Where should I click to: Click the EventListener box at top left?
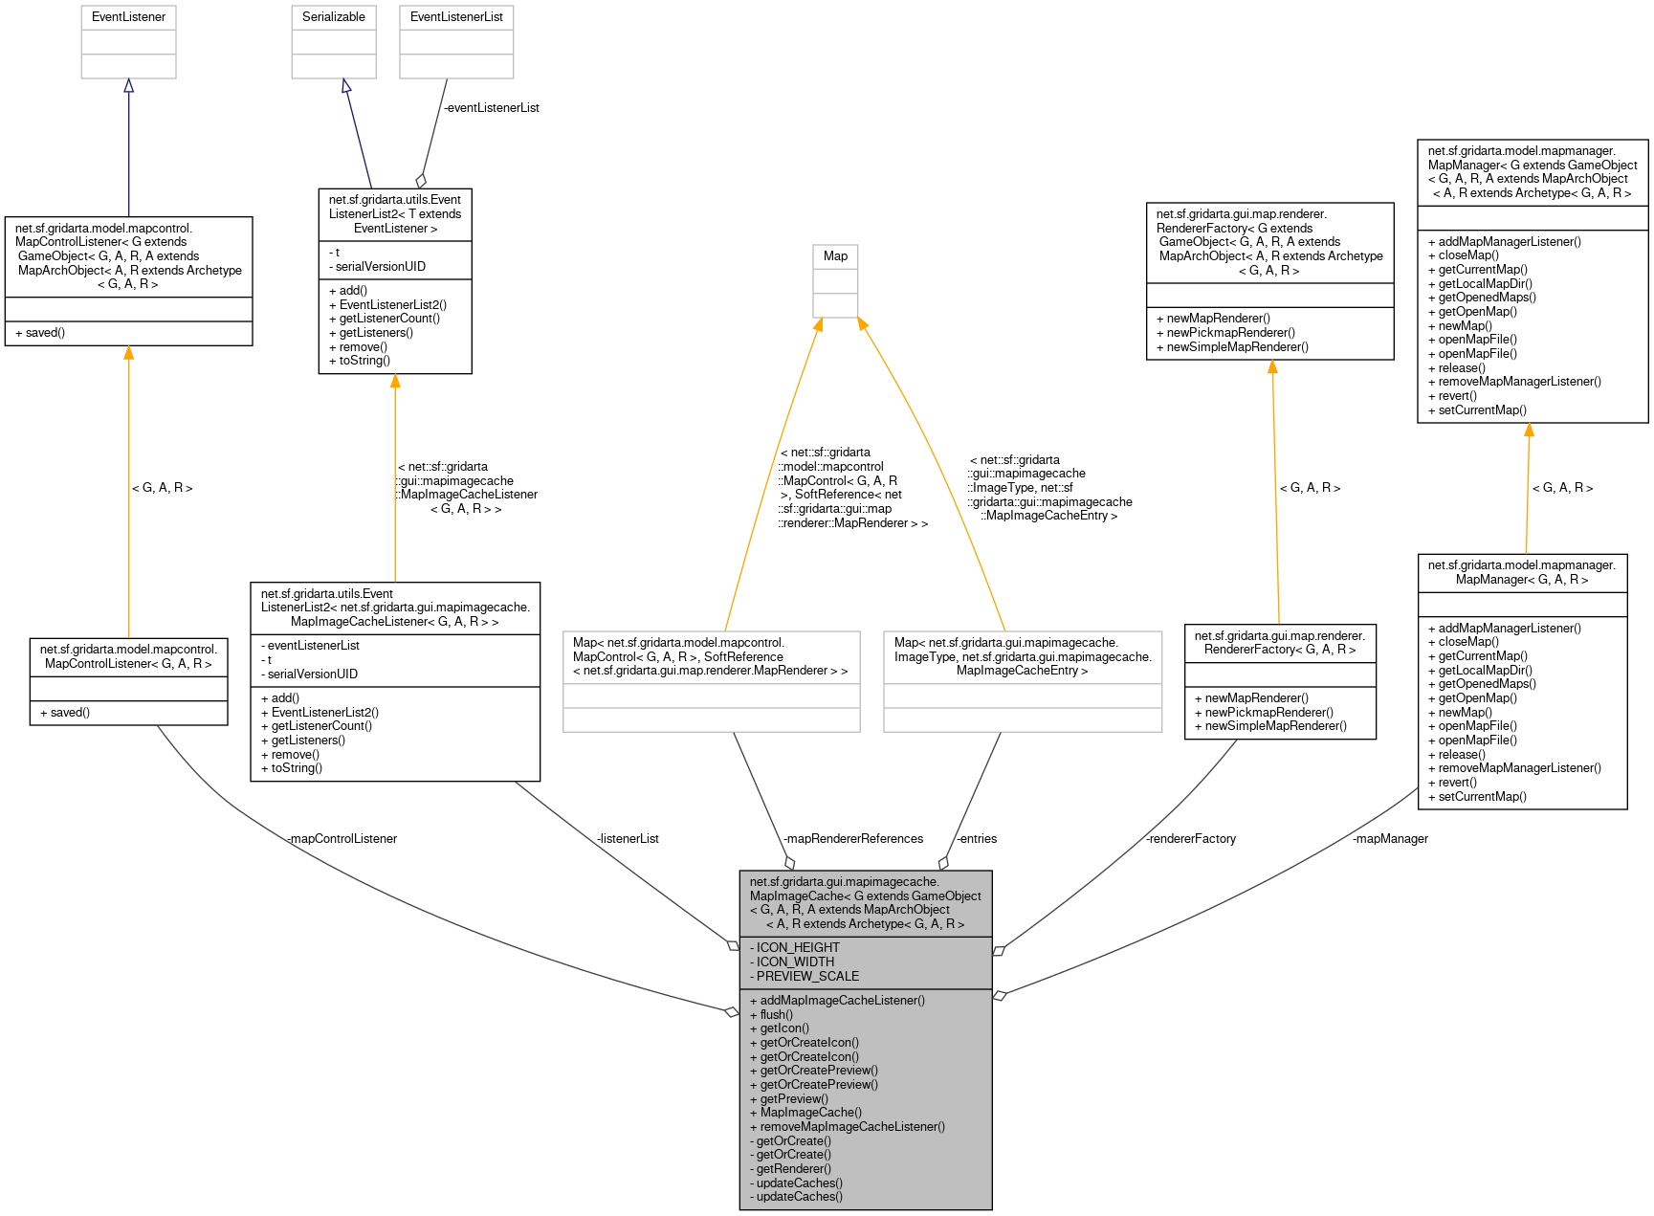pyautogui.click(x=128, y=17)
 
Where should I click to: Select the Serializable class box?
pyautogui.click(x=333, y=17)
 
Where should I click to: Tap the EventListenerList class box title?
pyautogui.click(x=456, y=17)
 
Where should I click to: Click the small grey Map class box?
pyautogui.click(x=835, y=256)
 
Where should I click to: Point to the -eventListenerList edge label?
pyautogui.click(x=492, y=108)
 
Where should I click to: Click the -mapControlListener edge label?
pyautogui.click(x=342, y=839)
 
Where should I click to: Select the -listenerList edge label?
pyautogui.click(x=628, y=839)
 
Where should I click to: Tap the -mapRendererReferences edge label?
pyautogui.click(x=853, y=839)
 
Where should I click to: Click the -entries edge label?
pyautogui.click(x=977, y=839)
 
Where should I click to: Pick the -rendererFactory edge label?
pyautogui.click(x=1191, y=839)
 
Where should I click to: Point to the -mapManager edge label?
pyautogui.click(x=1390, y=839)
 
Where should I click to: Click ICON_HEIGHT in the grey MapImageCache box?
pyautogui.click(x=797, y=948)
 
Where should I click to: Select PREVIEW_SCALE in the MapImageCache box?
pyautogui.click(x=806, y=977)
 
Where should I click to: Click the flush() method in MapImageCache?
pyautogui.click(x=776, y=1015)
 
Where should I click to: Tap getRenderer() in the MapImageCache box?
pyautogui.click(x=793, y=1169)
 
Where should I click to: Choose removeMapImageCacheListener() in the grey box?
pyautogui.click(x=851, y=1127)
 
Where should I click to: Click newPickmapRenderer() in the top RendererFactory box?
pyautogui.click(x=1230, y=333)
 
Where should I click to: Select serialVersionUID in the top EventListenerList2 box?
pyautogui.click(x=380, y=267)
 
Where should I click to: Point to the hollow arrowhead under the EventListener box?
pyautogui.click(x=128, y=86)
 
